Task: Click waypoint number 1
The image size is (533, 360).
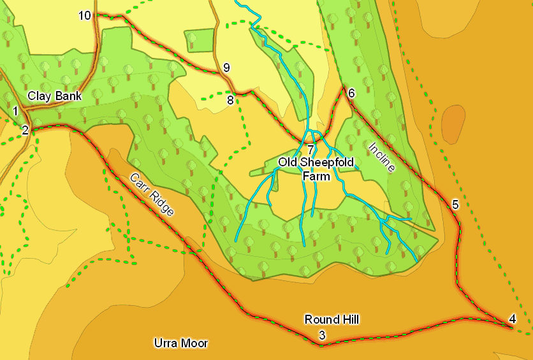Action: pos(15,112)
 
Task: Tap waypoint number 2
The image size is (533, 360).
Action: pos(25,131)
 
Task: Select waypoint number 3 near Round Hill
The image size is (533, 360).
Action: pos(322,335)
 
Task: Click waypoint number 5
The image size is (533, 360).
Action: pos(455,205)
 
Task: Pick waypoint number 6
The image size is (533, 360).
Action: pos(351,93)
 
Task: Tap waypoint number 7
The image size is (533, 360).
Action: pos(310,150)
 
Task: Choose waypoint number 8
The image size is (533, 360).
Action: pos(230,100)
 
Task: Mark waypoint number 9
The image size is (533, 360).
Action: pos(226,68)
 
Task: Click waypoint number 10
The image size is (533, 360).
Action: pos(85,15)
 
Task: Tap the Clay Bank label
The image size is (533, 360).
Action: pos(55,96)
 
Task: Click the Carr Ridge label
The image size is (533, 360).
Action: pos(152,194)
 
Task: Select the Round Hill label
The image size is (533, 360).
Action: pos(332,319)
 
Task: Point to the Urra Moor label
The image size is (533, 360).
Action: pos(181,343)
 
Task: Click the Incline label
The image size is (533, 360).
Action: pos(382,157)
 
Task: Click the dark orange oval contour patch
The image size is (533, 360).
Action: pos(453,124)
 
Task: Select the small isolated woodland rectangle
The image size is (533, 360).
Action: pos(200,40)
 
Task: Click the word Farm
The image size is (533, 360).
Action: pos(316,176)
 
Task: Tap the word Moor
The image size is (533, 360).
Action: pos(194,343)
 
